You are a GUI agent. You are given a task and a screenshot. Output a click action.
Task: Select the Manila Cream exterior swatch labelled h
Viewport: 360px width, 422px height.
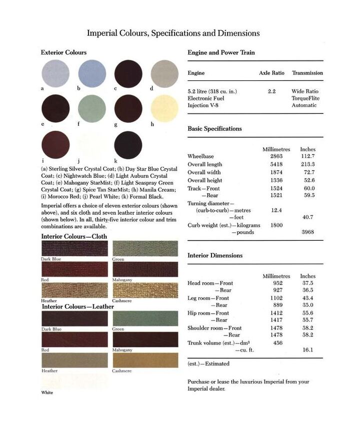(164, 108)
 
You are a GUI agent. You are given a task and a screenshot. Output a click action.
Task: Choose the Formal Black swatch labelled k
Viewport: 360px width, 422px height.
(128, 145)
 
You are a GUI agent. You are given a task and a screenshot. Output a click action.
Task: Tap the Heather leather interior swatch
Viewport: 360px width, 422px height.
(74, 360)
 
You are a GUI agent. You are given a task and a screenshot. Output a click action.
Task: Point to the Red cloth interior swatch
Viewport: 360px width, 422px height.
(74, 270)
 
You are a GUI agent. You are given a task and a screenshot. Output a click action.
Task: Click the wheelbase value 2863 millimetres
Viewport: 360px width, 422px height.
(276, 156)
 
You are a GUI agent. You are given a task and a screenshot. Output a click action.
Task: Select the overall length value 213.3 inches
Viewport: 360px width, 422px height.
(307, 164)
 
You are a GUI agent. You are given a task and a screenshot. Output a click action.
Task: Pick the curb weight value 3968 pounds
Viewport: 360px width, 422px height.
(307, 232)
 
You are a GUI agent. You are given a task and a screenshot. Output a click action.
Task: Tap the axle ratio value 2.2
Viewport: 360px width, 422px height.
(272, 91)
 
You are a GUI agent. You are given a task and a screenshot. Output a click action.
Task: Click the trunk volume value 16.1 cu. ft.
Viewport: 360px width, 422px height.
(307, 350)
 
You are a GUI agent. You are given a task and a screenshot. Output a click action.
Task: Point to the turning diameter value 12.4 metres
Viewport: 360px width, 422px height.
(276, 210)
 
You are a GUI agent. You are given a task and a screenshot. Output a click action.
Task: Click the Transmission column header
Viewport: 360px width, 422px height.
(307, 73)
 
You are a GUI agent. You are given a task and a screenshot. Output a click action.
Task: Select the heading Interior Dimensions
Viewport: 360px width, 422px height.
(215, 255)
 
